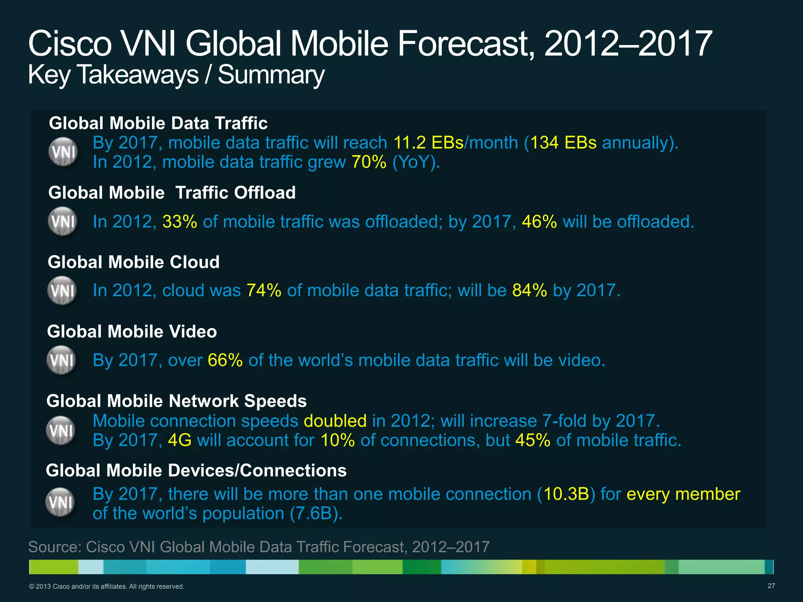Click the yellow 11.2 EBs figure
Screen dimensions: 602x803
click(428, 143)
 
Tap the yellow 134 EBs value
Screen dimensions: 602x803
click(563, 143)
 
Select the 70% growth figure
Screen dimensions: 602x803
click(369, 162)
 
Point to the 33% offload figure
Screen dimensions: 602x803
click(180, 222)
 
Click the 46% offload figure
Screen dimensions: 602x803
click(539, 222)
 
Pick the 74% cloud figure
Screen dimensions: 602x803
click(264, 290)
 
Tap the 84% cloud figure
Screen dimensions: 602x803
click(529, 290)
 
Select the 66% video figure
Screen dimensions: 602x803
click(225, 360)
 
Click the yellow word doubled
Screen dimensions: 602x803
click(335, 421)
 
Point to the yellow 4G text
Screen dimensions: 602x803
click(180, 440)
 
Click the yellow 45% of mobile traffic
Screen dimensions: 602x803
click(532, 440)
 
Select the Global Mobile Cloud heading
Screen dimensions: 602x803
click(133, 262)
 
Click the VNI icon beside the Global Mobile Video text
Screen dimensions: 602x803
click(61, 360)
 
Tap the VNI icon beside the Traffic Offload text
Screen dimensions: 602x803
click(62, 221)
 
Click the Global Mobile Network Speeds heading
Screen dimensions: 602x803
click(176, 401)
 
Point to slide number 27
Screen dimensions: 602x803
click(771, 586)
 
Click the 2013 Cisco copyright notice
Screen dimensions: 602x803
click(106, 587)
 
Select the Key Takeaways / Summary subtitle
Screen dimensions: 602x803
click(176, 74)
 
